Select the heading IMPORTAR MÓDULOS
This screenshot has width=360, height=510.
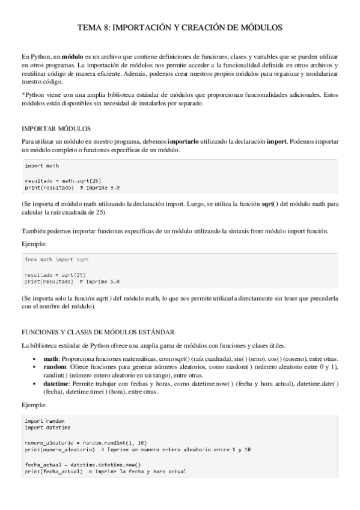pos(56,129)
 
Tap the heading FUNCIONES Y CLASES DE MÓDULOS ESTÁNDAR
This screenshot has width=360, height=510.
pos(98,331)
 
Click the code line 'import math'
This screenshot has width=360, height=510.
pos(42,165)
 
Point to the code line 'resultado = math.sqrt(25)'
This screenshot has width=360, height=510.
pos(58,180)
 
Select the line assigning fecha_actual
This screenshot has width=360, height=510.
pos(82,464)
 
